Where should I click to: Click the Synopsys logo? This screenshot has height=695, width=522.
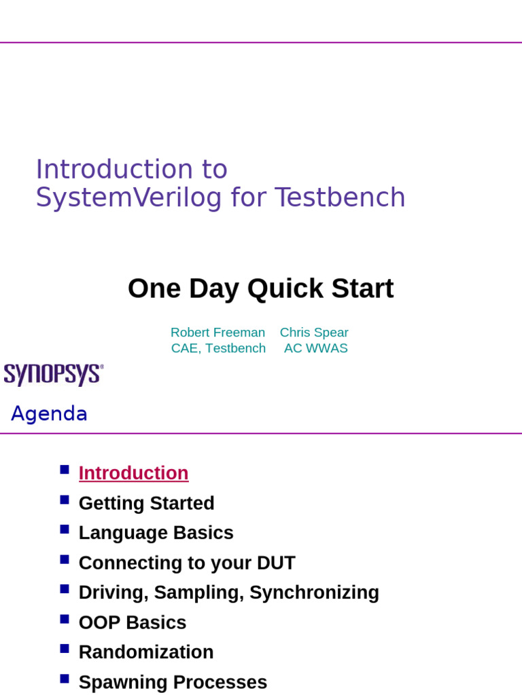pyautogui.click(x=53, y=374)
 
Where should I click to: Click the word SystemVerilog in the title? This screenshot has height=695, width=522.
pyautogui.click(x=128, y=198)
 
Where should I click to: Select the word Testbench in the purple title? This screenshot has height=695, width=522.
pyautogui.click(x=340, y=198)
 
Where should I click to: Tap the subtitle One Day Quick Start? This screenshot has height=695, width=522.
pyautogui.click(x=260, y=288)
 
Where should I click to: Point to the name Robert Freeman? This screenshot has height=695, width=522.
pyautogui.click(x=217, y=333)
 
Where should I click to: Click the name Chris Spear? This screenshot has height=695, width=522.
pyautogui.click(x=314, y=333)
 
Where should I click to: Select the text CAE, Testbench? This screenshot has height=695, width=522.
pyautogui.click(x=218, y=348)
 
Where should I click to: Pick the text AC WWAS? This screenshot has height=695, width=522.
pyautogui.click(x=315, y=348)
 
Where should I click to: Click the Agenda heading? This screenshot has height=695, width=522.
pyautogui.click(x=49, y=413)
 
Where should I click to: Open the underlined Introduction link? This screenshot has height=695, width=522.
pyautogui.click(x=133, y=473)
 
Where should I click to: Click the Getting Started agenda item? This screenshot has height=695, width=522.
pyautogui.click(x=146, y=503)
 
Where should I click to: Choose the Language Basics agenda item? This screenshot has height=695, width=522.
pyautogui.click(x=156, y=533)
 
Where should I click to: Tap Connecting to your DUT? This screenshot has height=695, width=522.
pyautogui.click(x=187, y=563)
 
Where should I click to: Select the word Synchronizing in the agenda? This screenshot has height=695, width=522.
pyautogui.click(x=314, y=593)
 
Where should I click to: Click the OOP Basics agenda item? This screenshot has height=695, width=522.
pyautogui.click(x=132, y=622)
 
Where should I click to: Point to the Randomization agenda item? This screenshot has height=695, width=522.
pyautogui.click(x=146, y=652)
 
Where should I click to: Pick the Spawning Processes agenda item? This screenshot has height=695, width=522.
pyautogui.click(x=173, y=682)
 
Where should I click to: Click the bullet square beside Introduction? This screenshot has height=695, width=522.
pyautogui.click(x=65, y=470)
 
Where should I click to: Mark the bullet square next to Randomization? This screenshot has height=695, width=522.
pyautogui.click(x=65, y=649)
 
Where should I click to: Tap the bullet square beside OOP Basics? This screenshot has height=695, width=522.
pyautogui.click(x=65, y=619)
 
